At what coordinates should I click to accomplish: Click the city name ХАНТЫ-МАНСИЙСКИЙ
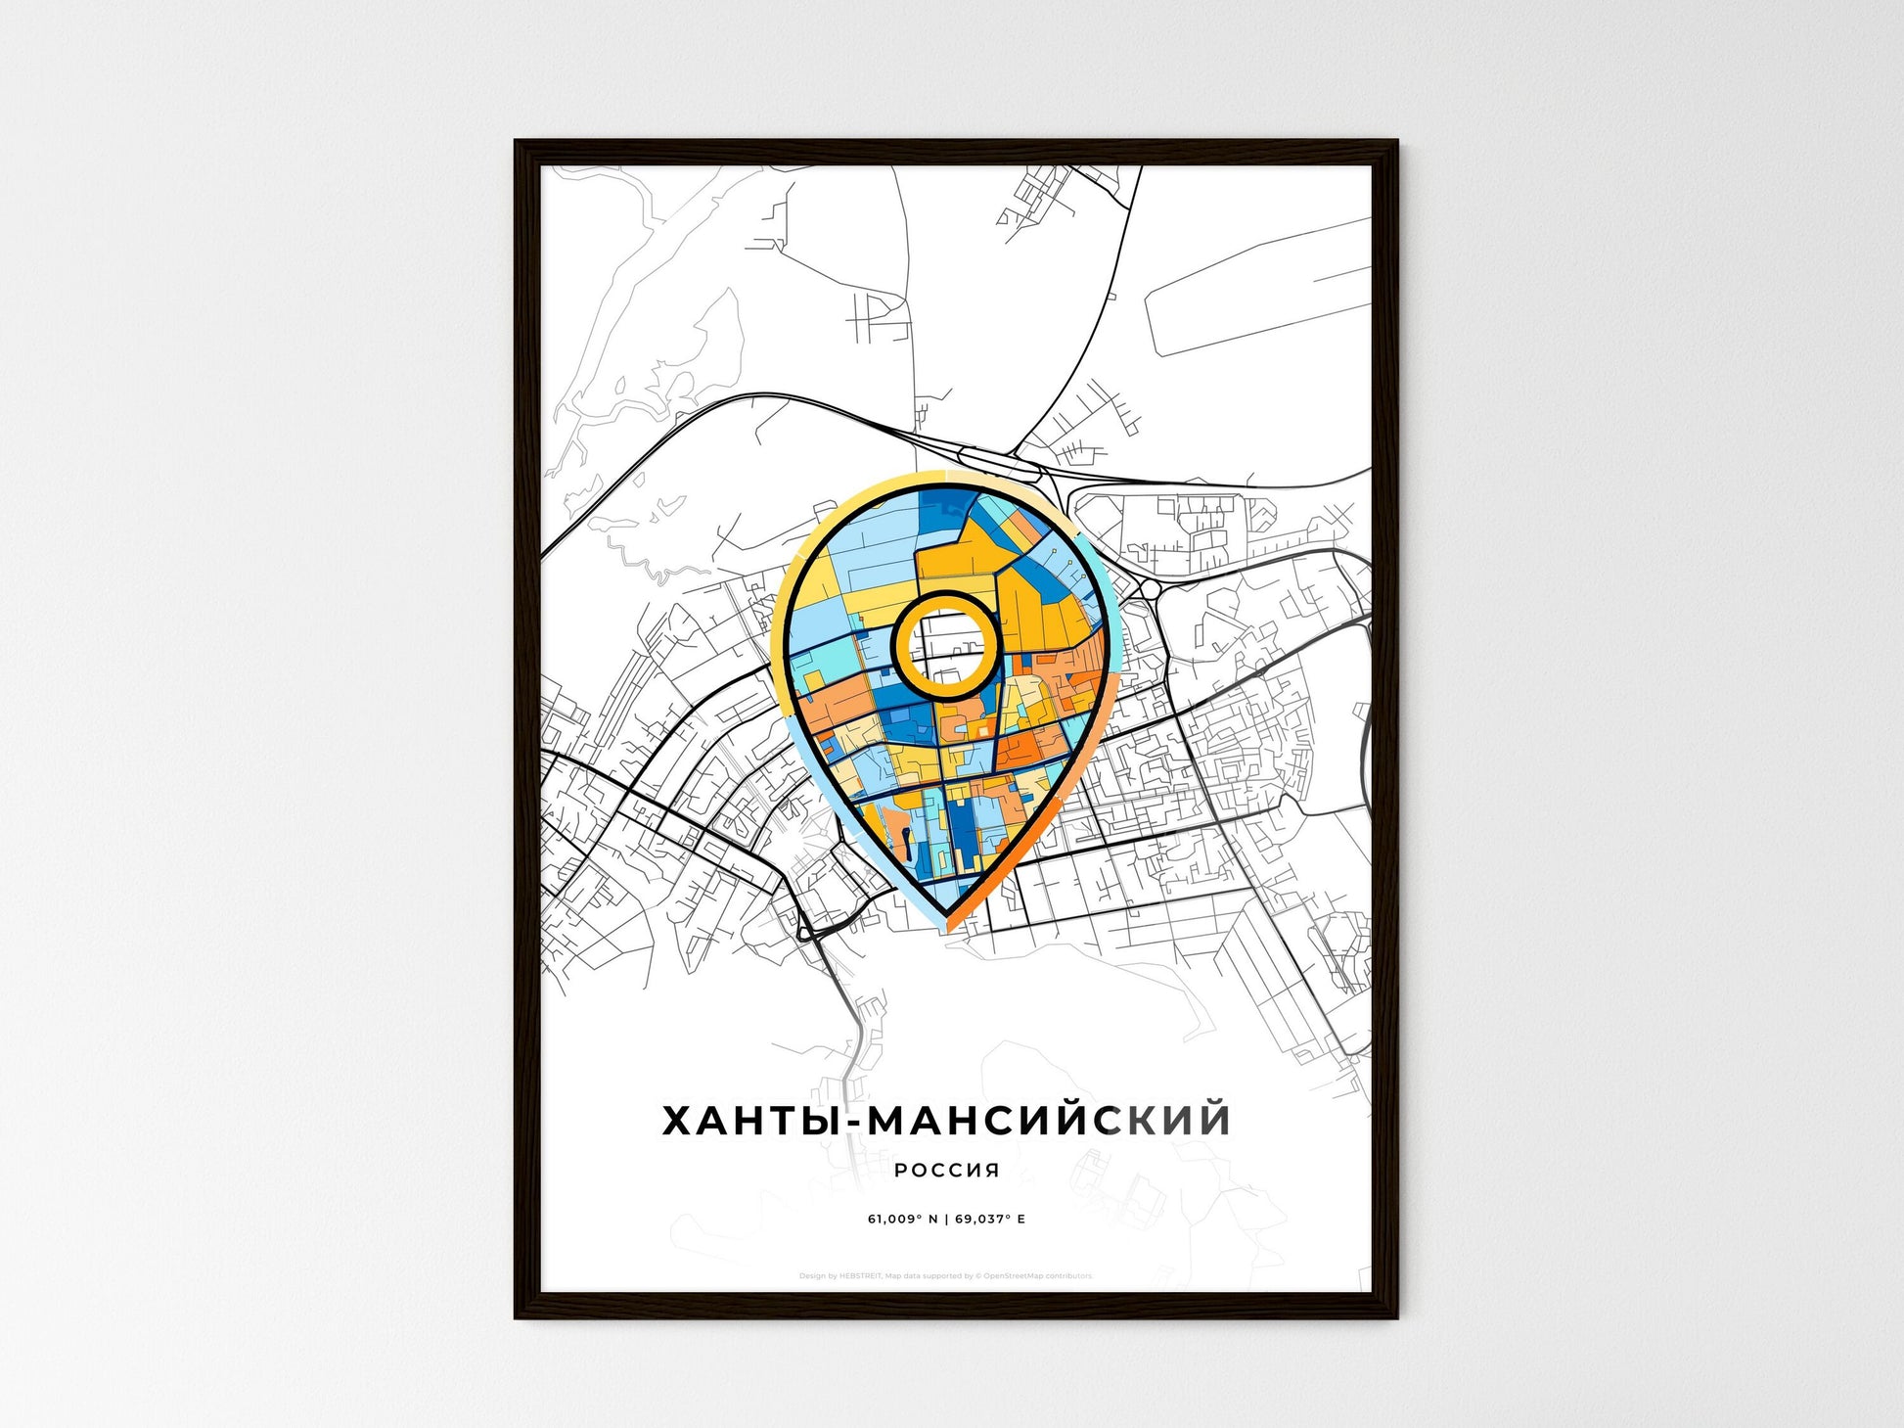[946, 1120]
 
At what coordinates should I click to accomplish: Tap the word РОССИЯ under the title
[946, 1170]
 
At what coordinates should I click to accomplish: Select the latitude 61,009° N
[902, 1219]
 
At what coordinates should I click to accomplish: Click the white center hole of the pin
[945, 643]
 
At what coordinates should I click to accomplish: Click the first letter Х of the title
[679, 1120]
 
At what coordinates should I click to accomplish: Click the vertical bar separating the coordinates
[946, 1219]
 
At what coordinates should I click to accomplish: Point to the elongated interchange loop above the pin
[998, 461]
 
